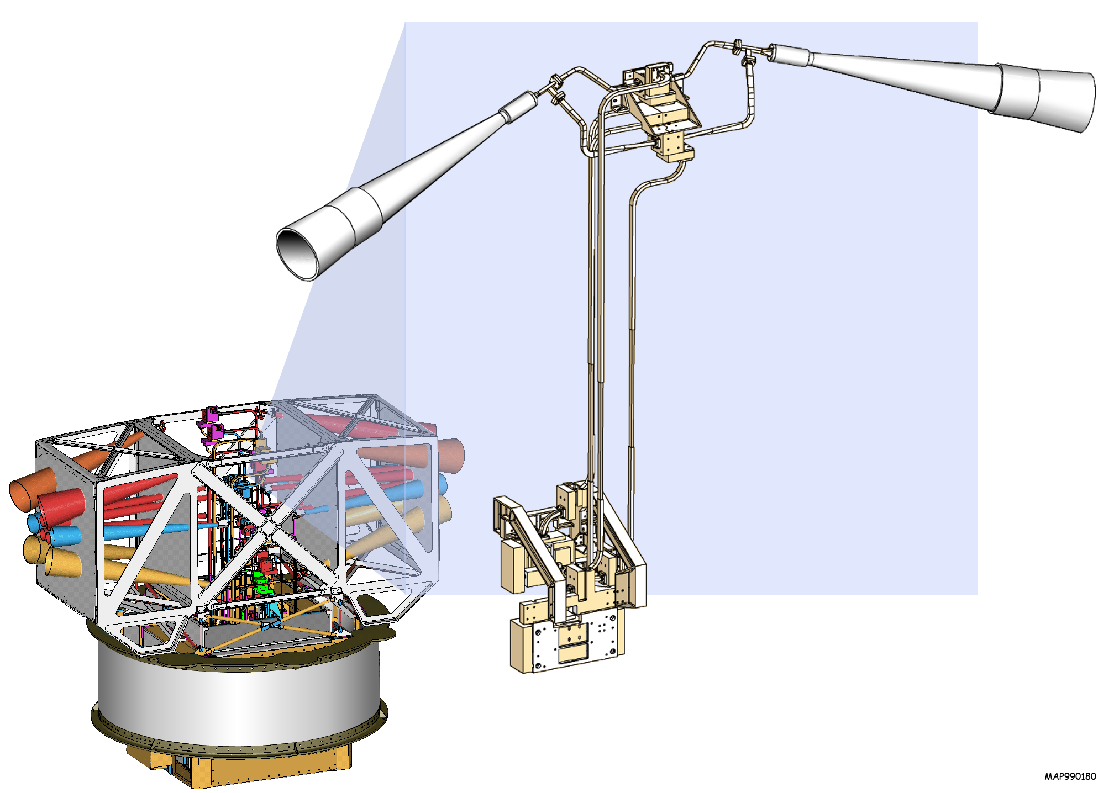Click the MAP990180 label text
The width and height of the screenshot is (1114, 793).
tap(1070, 776)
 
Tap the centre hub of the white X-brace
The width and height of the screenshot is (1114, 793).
tap(267, 528)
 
